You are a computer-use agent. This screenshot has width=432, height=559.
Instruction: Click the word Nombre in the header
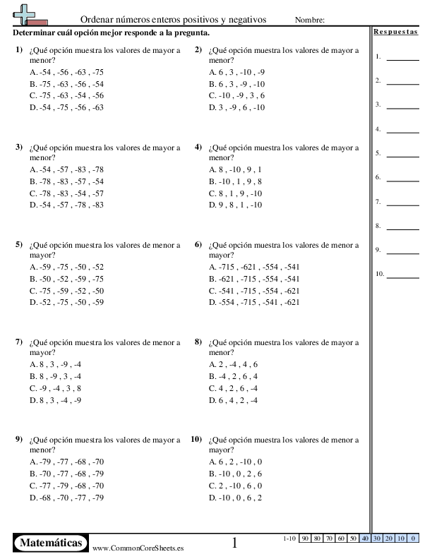point(310,20)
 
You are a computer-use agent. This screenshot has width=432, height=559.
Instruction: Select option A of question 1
point(67,72)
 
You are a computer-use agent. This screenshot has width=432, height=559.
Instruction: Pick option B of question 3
point(67,181)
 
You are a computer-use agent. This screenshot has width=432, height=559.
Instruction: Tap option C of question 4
point(236,193)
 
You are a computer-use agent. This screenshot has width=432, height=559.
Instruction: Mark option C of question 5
point(67,291)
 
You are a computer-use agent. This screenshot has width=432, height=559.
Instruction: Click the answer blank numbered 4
point(403,131)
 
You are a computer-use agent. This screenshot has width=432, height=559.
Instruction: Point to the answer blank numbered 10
point(403,276)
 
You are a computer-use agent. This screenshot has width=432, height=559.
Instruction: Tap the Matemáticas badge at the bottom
point(51,543)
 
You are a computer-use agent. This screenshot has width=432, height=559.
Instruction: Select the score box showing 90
point(306,539)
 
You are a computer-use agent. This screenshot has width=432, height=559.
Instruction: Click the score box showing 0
point(413,539)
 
